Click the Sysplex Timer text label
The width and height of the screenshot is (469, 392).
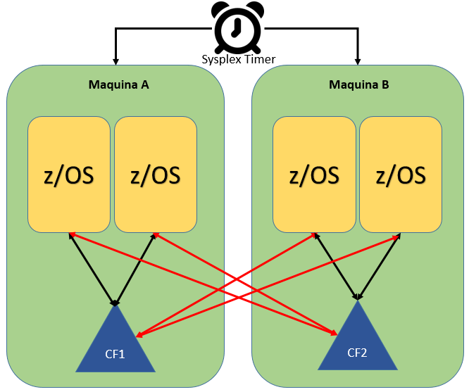pyautogui.click(x=239, y=59)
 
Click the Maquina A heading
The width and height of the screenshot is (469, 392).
pyautogui.click(x=119, y=84)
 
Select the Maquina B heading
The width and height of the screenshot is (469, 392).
pyautogui.click(x=359, y=84)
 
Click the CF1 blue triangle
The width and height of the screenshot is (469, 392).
pyautogui.click(x=115, y=344)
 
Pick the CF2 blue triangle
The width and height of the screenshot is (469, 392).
pyautogui.click(x=358, y=341)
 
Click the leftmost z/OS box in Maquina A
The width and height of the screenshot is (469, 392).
pyautogui.click(x=69, y=175)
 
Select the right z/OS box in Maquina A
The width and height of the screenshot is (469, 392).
pyautogui.click(x=156, y=175)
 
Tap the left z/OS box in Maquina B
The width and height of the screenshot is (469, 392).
pyautogui.click(x=314, y=175)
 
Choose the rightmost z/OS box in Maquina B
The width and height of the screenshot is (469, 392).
pyautogui.click(x=401, y=175)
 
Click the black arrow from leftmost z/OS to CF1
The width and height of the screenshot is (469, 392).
pyautogui.click(x=92, y=269)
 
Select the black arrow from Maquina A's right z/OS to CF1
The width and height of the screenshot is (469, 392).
pyautogui.click(x=135, y=269)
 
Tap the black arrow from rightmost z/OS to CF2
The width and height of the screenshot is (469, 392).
pyautogui.click(x=380, y=267)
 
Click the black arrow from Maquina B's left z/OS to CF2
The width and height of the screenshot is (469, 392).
pyautogui.click(x=336, y=267)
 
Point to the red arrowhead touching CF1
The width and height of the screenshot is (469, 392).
pyautogui.click(x=140, y=335)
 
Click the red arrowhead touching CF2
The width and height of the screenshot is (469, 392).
pyautogui.click(x=333, y=332)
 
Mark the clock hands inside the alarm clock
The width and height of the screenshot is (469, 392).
pyautogui.click(x=237, y=28)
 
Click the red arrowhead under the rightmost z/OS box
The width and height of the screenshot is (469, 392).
pyautogui.click(x=396, y=236)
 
